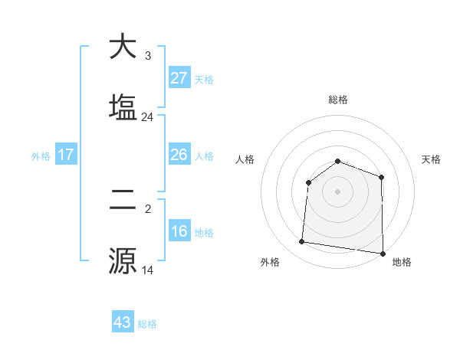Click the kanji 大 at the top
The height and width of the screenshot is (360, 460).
(x=123, y=47)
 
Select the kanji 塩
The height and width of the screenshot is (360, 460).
(x=123, y=106)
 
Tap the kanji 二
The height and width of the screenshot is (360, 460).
(x=123, y=201)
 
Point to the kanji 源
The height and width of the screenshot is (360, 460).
(x=123, y=260)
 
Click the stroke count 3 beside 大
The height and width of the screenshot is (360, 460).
(x=148, y=56)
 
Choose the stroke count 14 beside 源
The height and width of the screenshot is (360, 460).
(x=148, y=270)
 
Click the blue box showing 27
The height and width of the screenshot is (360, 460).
(x=179, y=78)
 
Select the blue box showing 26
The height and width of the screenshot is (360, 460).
(x=179, y=155)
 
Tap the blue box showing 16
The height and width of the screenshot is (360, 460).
(x=179, y=231)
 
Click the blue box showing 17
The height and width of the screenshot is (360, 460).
(x=66, y=155)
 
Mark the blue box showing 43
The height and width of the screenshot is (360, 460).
(x=123, y=322)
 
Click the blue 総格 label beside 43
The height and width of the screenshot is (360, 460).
(x=147, y=324)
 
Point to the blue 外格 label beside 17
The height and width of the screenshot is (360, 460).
(x=41, y=156)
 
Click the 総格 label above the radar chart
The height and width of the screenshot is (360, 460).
(x=338, y=100)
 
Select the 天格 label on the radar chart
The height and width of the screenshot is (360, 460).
(x=432, y=159)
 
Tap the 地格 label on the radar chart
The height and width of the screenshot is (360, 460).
(x=402, y=262)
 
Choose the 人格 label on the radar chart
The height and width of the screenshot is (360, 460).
(x=245, y=159)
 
